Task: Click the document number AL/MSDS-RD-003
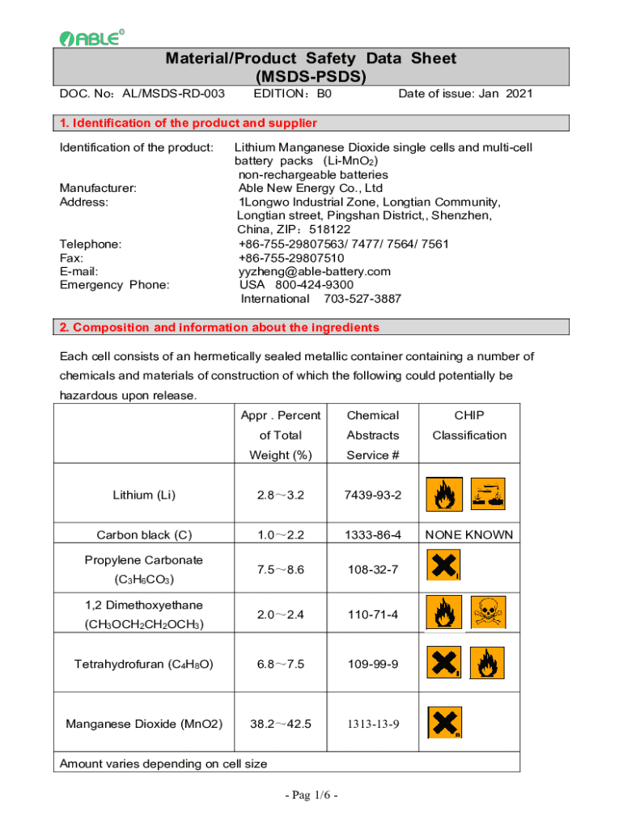click(x=173, y=94)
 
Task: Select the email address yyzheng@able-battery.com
click(x=315, y=271)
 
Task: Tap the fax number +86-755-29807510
click(x=291, y=257)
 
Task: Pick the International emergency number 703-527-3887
click(x=320, y=299)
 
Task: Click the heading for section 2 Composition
click(x=219, y=328)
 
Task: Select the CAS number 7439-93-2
click(x=372, y=494)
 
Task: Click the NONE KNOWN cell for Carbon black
click(x=468, y=534)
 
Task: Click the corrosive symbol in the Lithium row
click(x=489, y=493)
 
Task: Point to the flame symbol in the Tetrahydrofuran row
click(x=489, y=664)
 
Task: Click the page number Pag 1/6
click(x=311, y=794)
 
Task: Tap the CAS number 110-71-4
click(x=372, y=614)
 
